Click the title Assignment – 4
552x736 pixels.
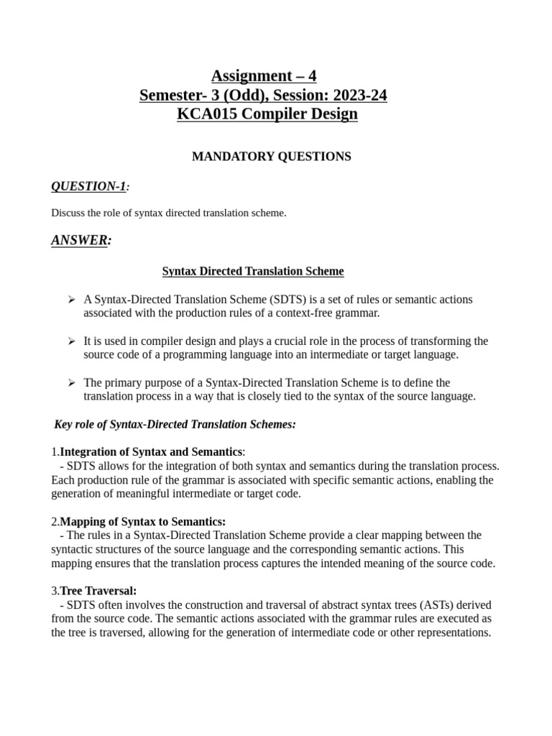pos(263,75)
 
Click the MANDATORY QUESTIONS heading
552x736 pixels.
pos(271,157)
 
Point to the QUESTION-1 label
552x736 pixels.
pos(88,187)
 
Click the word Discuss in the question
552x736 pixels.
pos(68,213)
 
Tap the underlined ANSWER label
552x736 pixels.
pos(80,240)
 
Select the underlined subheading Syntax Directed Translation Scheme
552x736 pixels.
pos(253,272)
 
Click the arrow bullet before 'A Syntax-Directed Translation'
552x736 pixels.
pos(71,299)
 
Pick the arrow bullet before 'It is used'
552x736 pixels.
pos(71,341)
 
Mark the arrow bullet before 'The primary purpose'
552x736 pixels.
pos(71,382)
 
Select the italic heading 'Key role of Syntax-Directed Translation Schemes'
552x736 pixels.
pos(175,425)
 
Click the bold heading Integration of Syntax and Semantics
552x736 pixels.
pos(151,452)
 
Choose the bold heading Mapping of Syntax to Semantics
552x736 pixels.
pos(142,522)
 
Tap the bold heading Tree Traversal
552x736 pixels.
pos(98,591)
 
